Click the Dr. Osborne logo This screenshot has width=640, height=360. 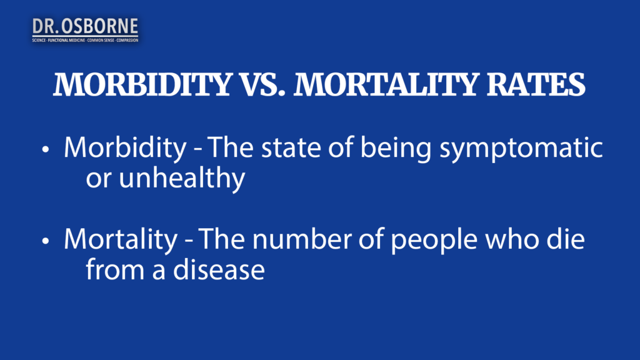pos(85,27)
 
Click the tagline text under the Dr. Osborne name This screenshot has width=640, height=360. pos(85,39)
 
